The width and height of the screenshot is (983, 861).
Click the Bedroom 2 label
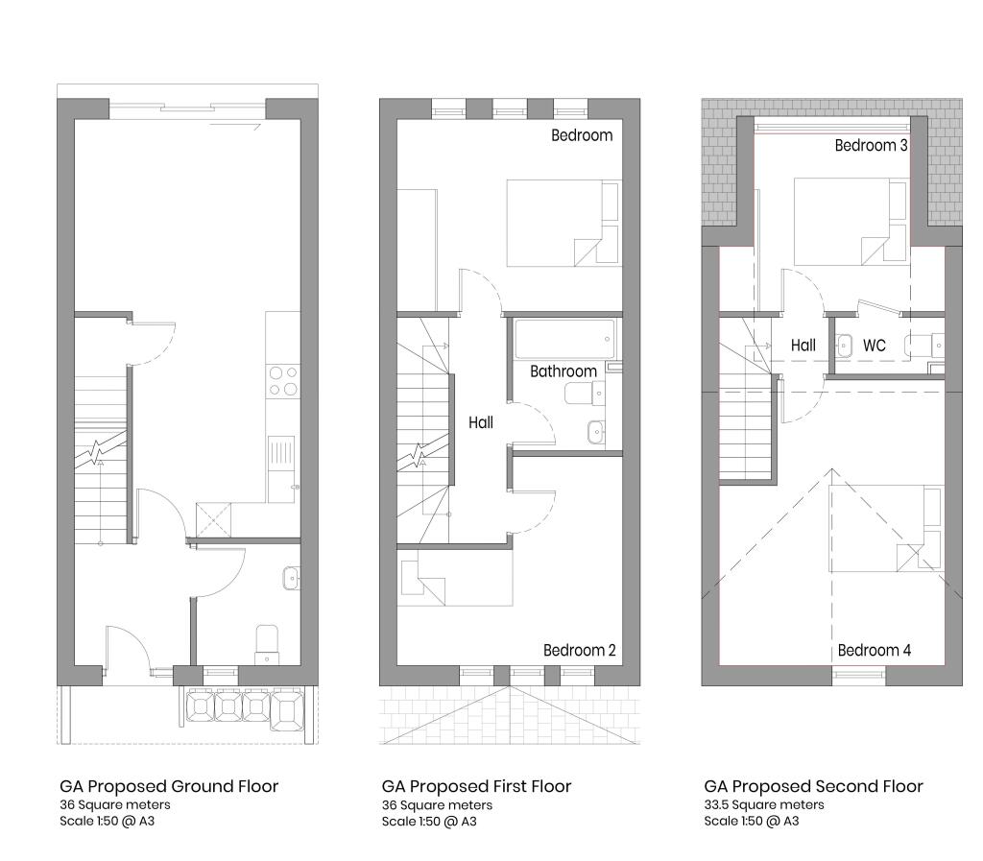point(579,651)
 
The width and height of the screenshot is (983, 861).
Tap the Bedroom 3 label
point(871,145)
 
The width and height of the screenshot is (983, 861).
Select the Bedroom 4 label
point(874,651)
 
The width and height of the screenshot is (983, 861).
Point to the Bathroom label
point(563,371)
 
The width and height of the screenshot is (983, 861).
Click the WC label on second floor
point(874,346)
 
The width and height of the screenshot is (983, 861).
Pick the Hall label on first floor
point(481,422)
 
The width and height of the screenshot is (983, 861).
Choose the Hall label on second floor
point(803,346)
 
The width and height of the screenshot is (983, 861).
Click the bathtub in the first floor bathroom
point(564,339)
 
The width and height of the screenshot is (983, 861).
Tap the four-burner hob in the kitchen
point(283,382)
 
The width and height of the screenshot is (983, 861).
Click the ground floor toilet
point(267,644)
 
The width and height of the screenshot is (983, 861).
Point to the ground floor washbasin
point(291,578)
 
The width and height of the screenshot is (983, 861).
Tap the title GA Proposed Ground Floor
point(169,786)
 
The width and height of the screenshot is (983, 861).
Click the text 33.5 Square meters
point(763,804)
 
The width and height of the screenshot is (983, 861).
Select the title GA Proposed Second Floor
point(813,786)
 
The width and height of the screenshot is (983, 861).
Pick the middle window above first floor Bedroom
point(509,110)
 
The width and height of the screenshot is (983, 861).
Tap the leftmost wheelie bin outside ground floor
point(201,706)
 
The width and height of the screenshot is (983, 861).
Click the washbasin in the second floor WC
point(844,346)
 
